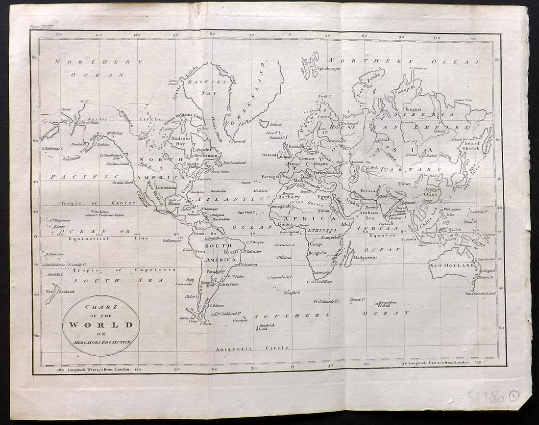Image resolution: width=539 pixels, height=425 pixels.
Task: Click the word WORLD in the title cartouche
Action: (101, 325)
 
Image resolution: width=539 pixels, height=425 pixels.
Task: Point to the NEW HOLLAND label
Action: (451, 266)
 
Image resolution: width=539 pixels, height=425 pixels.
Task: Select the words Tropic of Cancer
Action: (93, 203)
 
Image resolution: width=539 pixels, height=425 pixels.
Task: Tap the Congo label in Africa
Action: (317, 244)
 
